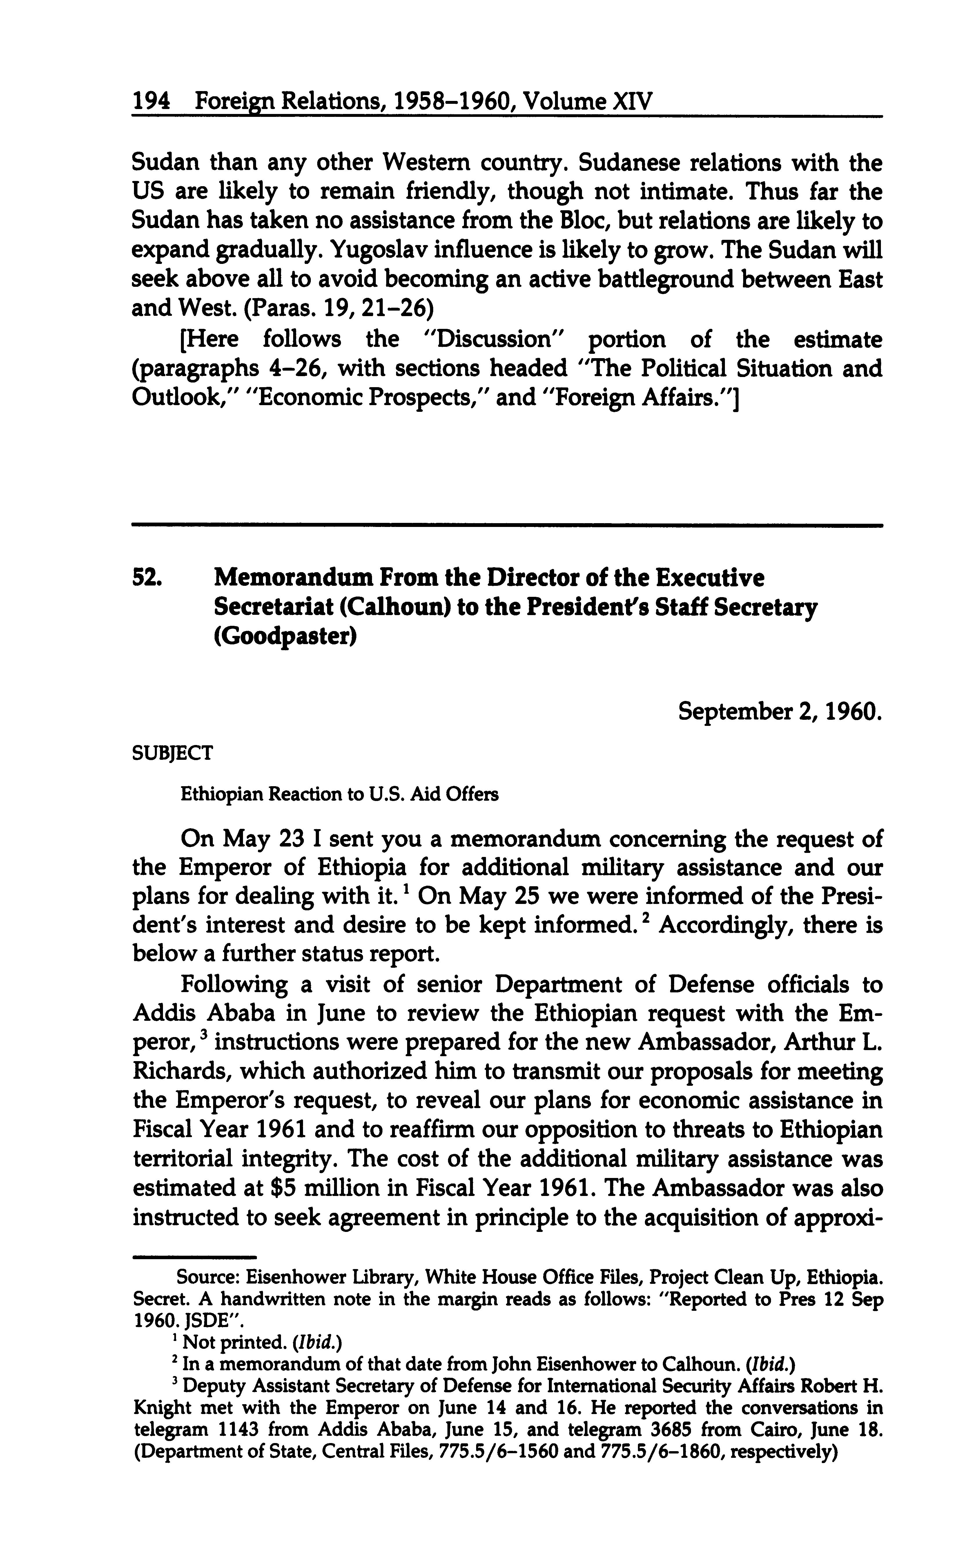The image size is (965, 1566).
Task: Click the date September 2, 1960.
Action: point(780,710)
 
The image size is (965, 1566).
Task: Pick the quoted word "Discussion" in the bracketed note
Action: point(491,339)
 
